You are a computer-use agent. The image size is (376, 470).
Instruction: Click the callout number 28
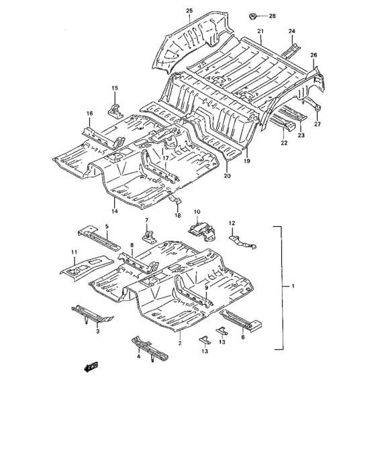point(272,16)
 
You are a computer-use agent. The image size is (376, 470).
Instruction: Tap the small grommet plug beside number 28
point(253,17)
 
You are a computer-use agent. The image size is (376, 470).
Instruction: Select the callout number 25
point(189,11)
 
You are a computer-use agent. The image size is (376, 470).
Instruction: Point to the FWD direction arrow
point(91,367)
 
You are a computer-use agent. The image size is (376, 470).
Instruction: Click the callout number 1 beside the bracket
point(293,286)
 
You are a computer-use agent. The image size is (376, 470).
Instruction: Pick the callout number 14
point(115,211)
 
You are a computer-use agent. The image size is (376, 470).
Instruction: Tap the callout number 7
point(146,220)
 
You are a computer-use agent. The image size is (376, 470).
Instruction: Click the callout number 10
point(197,212)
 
